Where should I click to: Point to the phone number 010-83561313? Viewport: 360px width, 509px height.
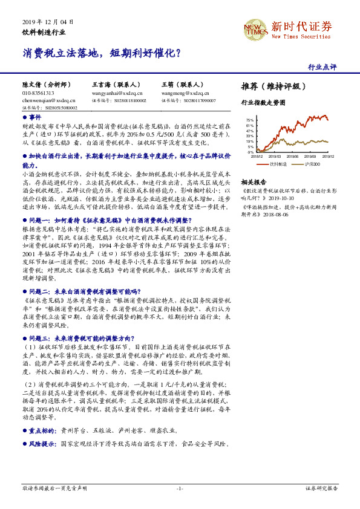(38, 94)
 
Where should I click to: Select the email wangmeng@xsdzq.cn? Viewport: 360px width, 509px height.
(182, 94)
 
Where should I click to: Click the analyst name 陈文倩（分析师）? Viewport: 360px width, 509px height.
(45, 85)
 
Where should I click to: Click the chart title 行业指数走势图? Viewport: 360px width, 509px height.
(263, 103)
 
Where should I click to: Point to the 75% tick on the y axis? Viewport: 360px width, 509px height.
(249, 120)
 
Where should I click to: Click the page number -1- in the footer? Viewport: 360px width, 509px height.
(180, 488)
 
